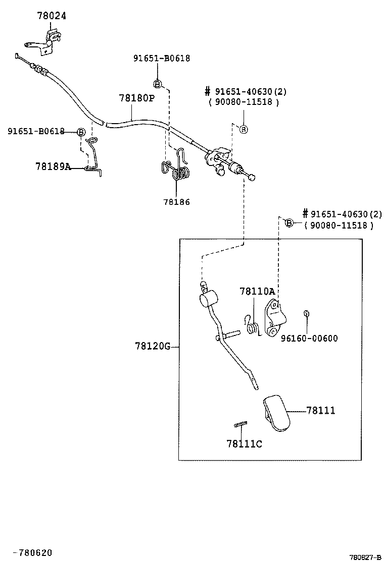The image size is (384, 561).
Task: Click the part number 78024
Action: coord(52,16)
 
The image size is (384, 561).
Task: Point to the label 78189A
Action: coord(53,166)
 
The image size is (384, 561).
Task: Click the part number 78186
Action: coord(176,202)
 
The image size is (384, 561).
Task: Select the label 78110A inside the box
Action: coord(257,291)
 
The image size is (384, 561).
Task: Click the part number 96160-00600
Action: coord(309,339)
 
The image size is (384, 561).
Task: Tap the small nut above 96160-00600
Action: coord(306,314)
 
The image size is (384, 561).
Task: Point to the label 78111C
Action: coord(244,444)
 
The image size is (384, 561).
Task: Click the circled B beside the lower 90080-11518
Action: coord(289,223)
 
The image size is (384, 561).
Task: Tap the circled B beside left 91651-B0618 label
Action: coord(80,132)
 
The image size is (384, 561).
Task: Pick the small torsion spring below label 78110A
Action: coord(251,326)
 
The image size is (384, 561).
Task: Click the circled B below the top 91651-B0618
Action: coord(157,84)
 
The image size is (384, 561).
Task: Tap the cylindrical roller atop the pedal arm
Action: coord(208,299)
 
